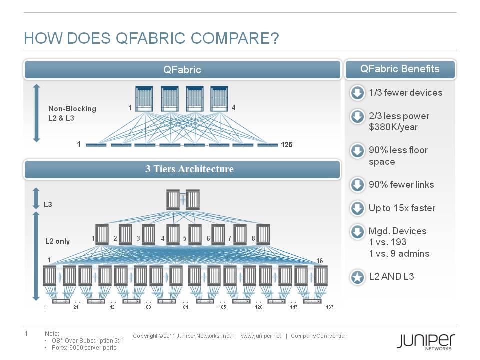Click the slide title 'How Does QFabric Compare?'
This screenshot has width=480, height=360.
coord(151,39)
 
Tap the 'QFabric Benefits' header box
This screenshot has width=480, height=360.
coord(400,69)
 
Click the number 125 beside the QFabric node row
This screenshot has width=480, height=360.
coord(286,145)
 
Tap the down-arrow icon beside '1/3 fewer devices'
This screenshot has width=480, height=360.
coord(357,93)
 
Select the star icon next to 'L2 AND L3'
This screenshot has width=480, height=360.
coord(357,278)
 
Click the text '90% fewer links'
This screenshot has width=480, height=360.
coord(401,185)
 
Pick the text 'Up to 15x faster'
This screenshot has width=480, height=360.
coord(402,208)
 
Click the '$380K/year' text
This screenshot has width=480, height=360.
coord(393,127)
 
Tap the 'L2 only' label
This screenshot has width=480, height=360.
coord(58,241)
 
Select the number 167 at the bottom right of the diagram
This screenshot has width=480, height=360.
coord(329,306)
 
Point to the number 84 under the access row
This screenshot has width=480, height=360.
coord(185,306)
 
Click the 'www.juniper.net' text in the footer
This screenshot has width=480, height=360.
coord(261,336)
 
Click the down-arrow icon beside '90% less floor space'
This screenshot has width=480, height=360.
coord(357,151)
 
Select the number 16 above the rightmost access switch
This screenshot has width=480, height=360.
coord(320,260)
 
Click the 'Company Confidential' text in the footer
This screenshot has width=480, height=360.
coord(318,336)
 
